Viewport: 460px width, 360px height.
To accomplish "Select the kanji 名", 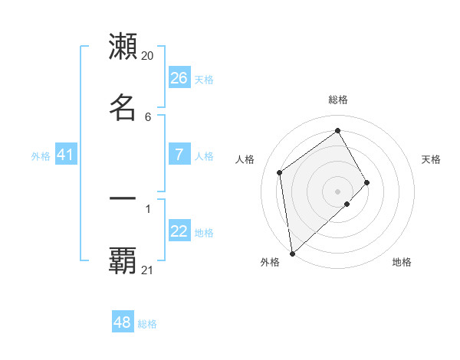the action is click(x=123, y=106).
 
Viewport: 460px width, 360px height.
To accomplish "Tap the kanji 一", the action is click(x=123, y=198).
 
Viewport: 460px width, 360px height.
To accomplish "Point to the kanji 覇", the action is click(x=123, y=260).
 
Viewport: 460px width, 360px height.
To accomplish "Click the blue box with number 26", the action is click(x=179, y=78).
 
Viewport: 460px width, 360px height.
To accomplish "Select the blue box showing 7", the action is click(x=179, y=155).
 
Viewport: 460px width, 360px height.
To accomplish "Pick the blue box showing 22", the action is click(x=179, y=232).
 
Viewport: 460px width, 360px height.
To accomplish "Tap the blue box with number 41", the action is click(x=66, y=155).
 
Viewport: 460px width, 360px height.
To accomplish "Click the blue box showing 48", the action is click(x=123, y=322).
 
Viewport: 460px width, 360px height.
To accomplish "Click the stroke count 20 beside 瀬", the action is click(x=147, y=56).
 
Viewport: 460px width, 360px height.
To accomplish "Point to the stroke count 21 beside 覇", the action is click(x=147, y=270).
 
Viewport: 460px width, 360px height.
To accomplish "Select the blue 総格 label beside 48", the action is click(x=147, y=324).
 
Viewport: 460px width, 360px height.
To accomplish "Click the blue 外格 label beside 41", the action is click(x=41, y=156).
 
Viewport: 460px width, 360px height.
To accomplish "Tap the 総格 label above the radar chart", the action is click(x=338, y=100).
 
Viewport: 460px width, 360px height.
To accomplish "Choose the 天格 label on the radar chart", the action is click(x=431, y=159).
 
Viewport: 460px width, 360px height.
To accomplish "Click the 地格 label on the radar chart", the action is click(x=402, y=262).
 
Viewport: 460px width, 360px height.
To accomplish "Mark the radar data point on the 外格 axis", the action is click(x=291, y=254).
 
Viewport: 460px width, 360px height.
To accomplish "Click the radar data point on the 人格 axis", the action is click(x=280, y=172).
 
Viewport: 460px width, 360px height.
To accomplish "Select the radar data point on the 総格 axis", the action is click(x=338, y=131).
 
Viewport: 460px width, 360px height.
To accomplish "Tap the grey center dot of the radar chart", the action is click(x=338, y=191).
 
